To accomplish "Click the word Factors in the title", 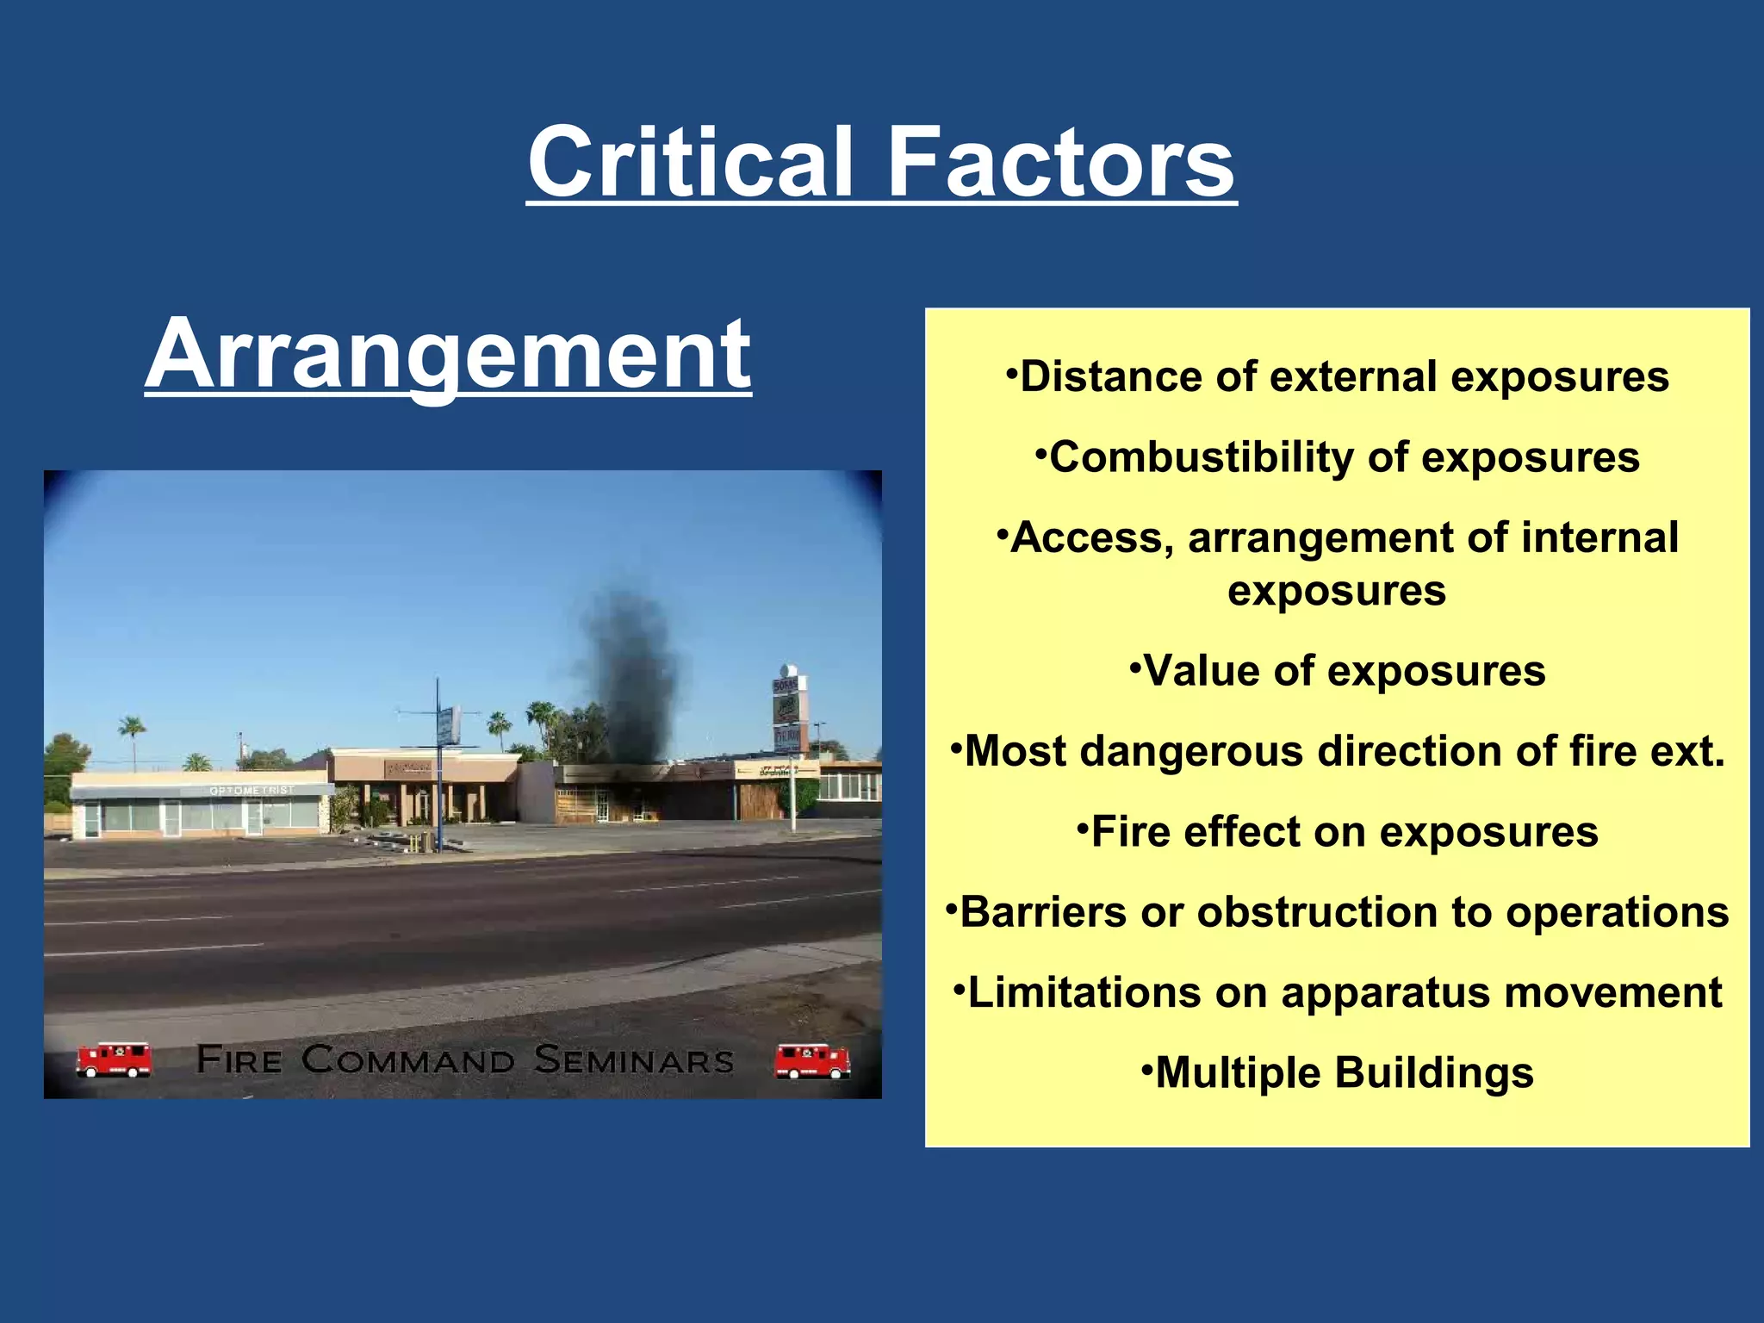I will [1060, 162].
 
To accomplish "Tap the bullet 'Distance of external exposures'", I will [1337, 376].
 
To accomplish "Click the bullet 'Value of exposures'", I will [1337, 671].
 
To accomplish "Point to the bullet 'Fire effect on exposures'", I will [1337, 832].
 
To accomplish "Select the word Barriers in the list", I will [1042, 912].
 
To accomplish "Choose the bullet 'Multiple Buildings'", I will [1337, 1073].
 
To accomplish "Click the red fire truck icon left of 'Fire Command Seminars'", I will [114, 1060].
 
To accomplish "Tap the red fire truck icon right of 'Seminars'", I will [811, 1060].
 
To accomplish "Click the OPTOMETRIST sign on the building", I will [252, 790].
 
